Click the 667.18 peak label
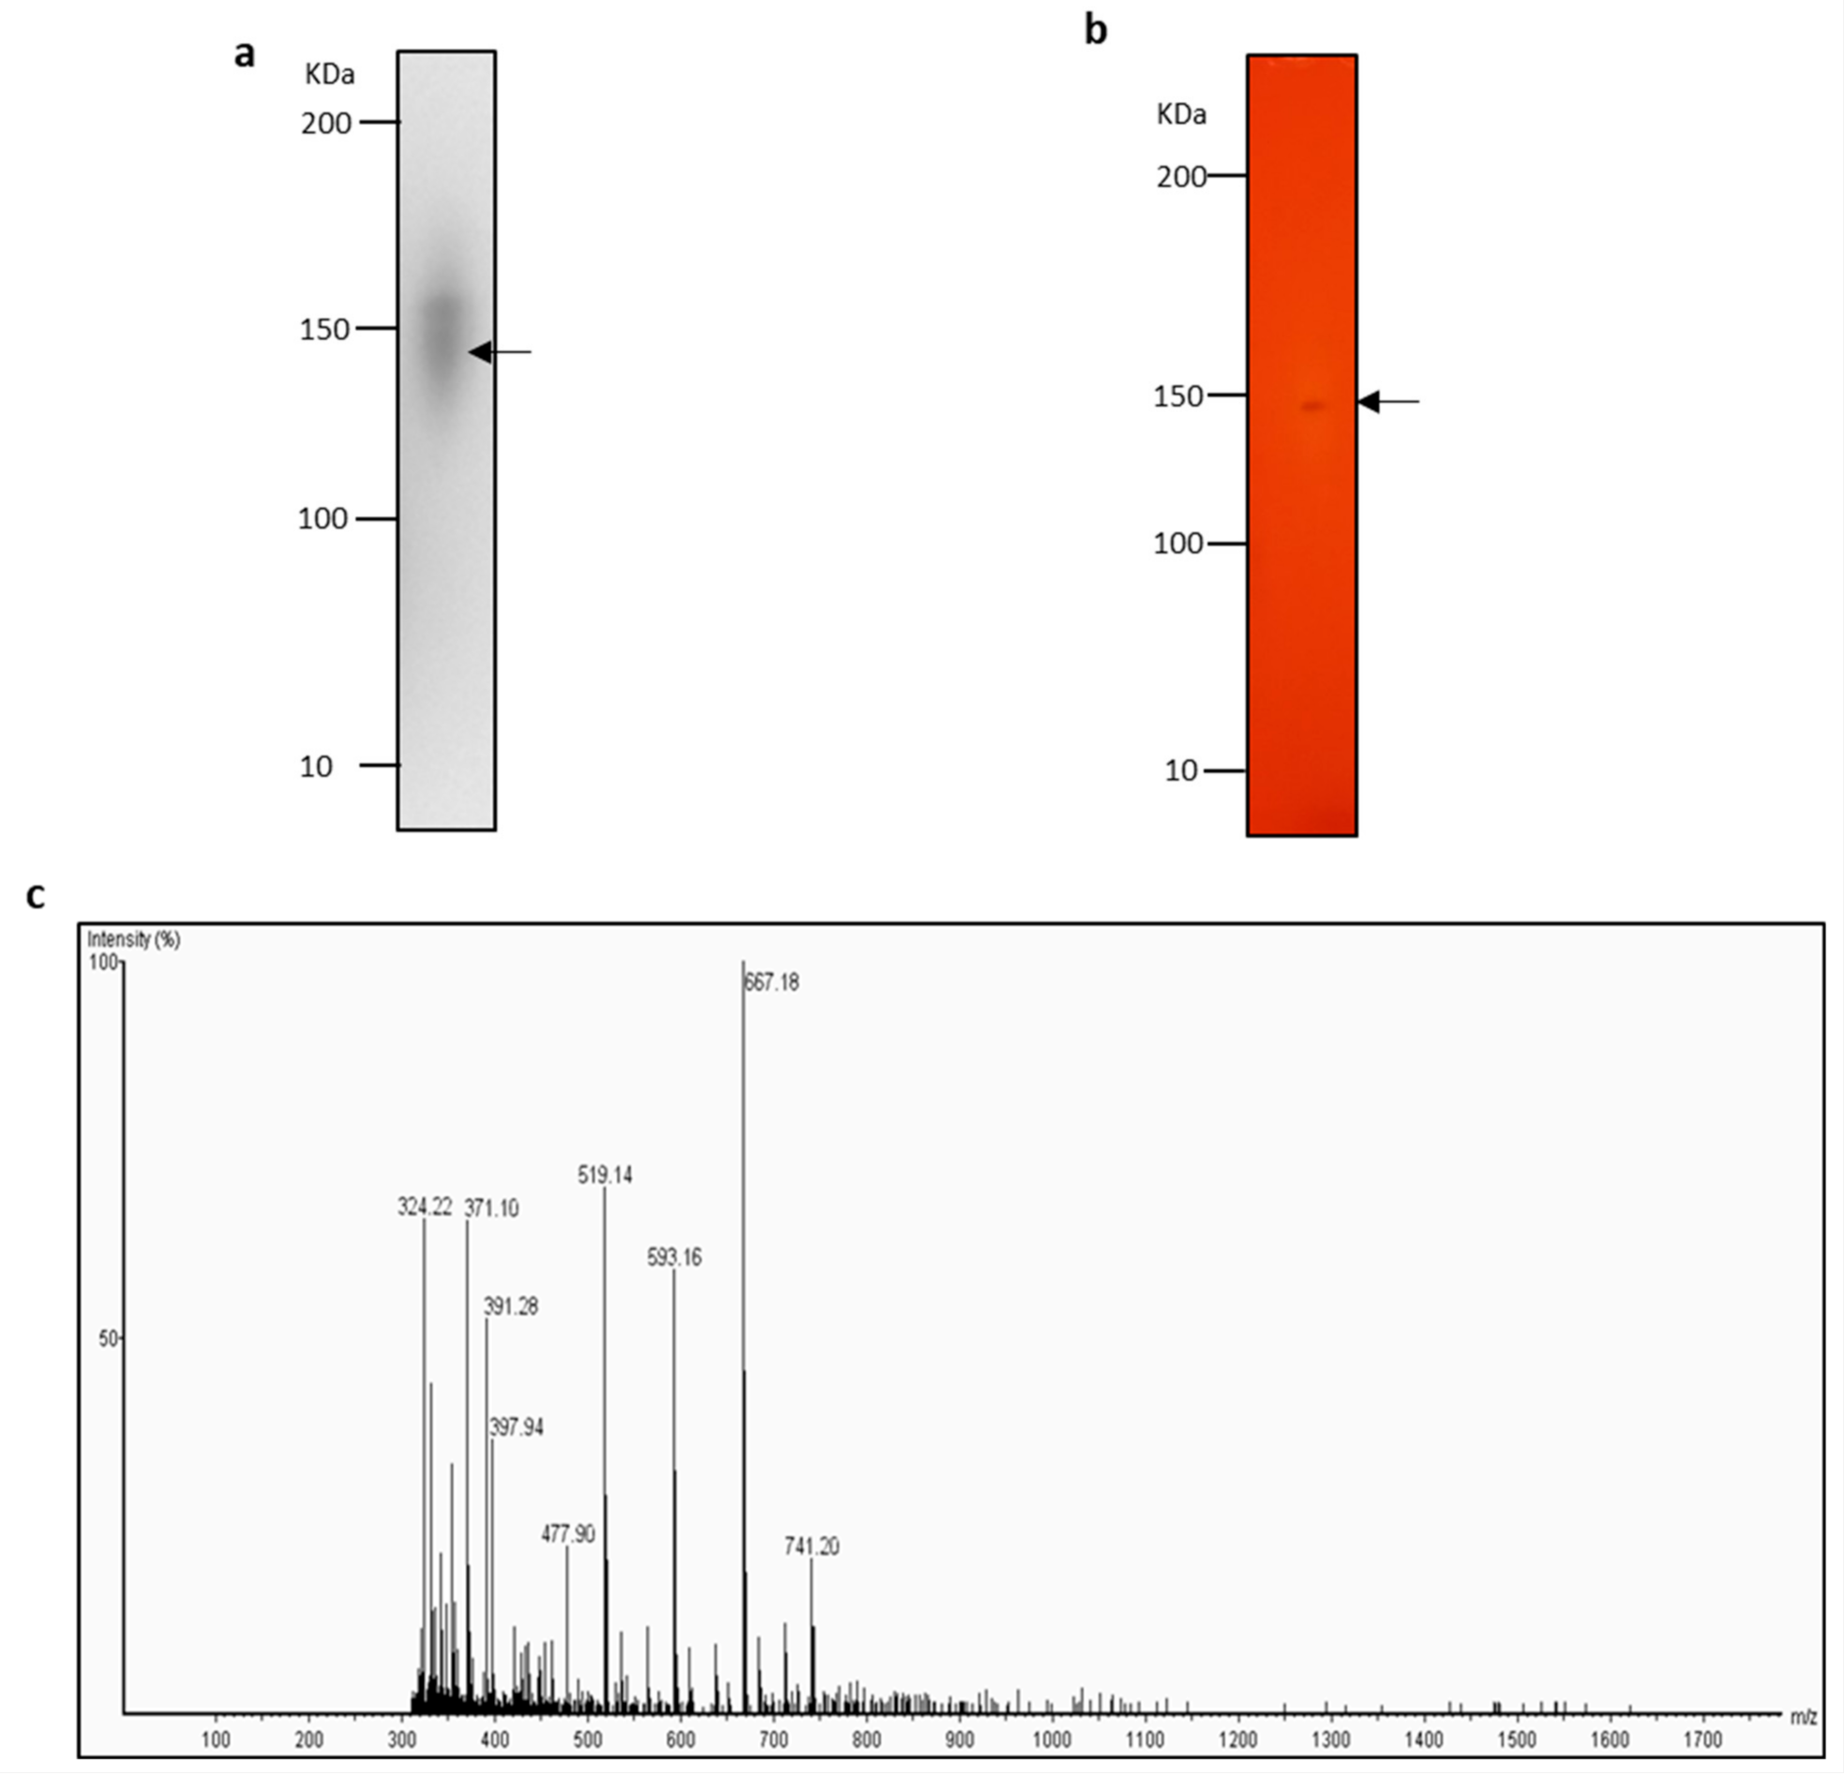(772, 983)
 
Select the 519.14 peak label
(605, 1175)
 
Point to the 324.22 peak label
(425, 1207)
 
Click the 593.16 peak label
(675, 1258)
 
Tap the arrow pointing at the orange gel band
(1388, 402)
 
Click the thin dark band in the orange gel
(1312, 407)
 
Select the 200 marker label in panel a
(325, 123)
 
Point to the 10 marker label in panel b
(1180, 771)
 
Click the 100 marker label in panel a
(322, 518)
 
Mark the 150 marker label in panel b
(1177, 397)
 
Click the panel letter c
(35, 897)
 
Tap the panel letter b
(1095, 31)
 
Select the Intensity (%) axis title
(134, 939)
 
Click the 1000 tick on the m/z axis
(1051, 1739)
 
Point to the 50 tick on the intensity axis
(108, 1337)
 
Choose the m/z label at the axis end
(1803, 1717)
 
